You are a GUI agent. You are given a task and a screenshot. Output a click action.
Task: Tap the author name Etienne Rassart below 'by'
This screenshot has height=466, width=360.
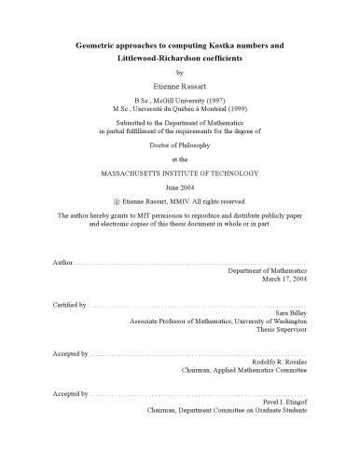[x=180, y=84]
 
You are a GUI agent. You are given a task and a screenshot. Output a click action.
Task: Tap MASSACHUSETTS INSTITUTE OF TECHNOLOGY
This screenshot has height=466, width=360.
[x=180, y=174]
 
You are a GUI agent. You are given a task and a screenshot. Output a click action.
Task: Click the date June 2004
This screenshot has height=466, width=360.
[x=180, y=187]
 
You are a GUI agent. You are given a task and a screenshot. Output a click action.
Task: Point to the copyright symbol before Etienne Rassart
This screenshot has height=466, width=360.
[x=114, y=201]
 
